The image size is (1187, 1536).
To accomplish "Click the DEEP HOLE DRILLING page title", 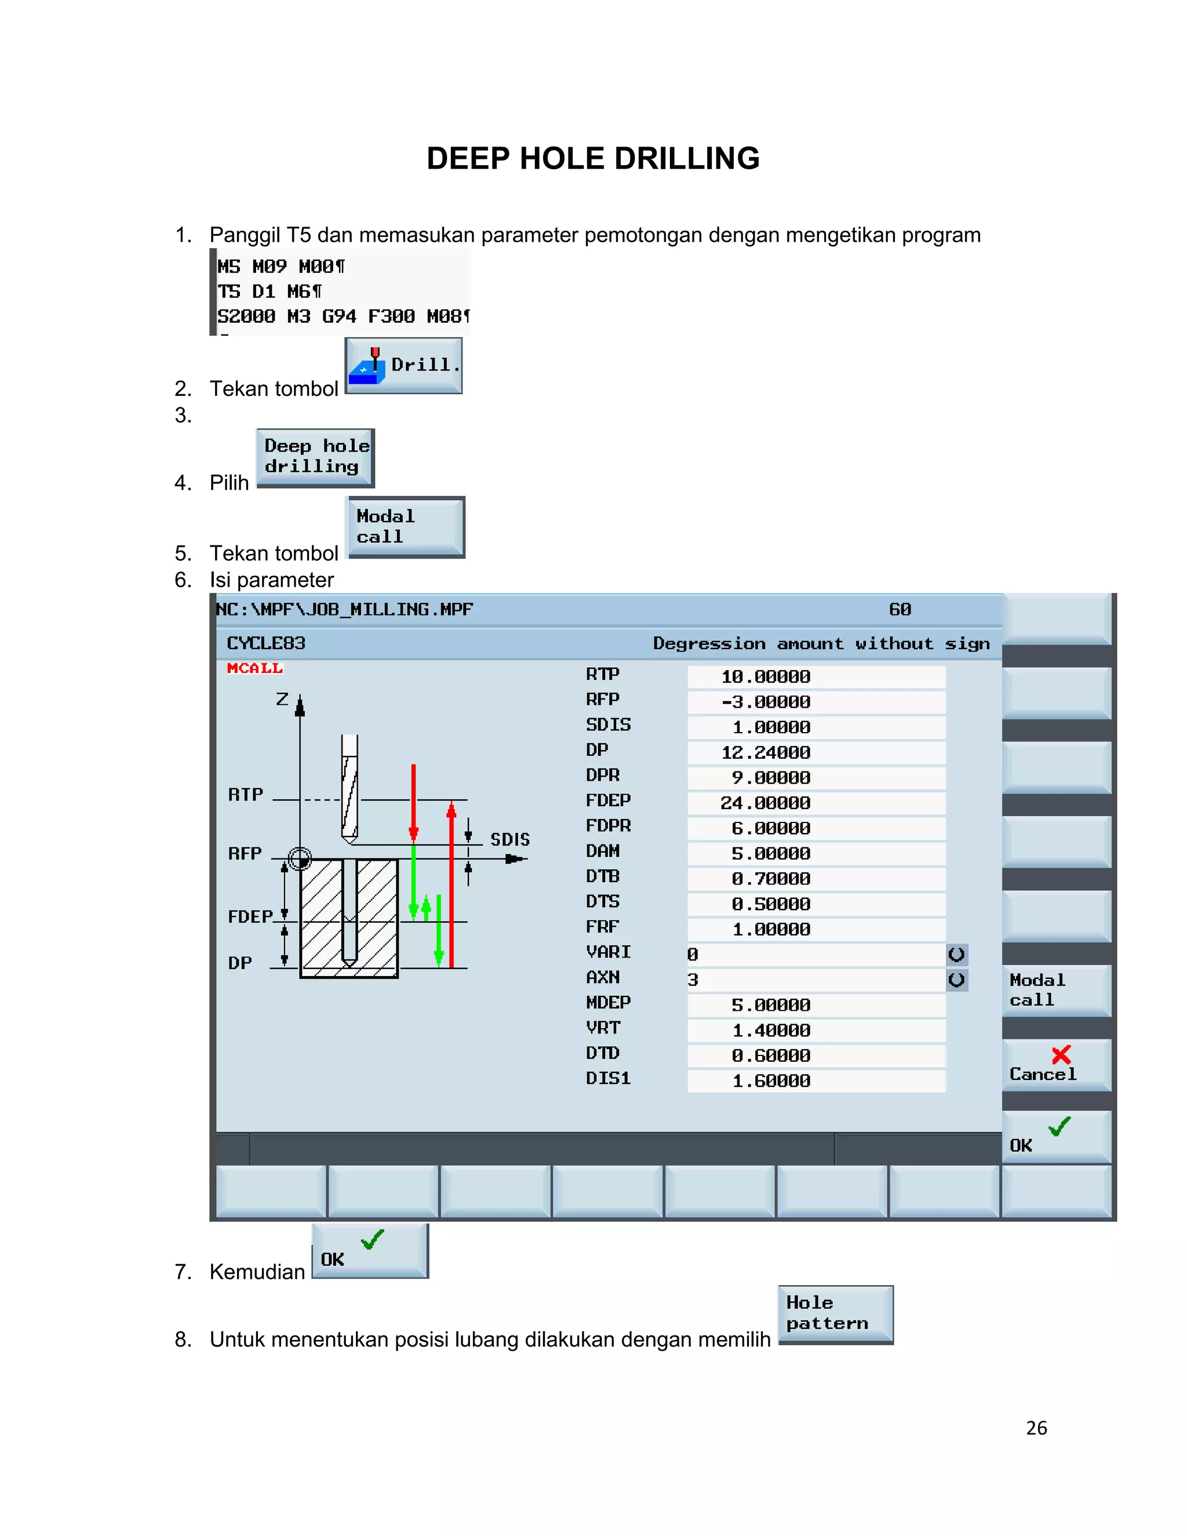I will pos(593,159).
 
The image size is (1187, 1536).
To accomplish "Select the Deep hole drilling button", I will pos(315,457).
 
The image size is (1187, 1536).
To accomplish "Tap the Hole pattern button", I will pos(835,1314).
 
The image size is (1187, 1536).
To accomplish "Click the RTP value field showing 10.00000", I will pos(815,676).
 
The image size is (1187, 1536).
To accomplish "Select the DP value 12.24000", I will pos(815,752).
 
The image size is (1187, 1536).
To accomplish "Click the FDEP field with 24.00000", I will pos(815,803).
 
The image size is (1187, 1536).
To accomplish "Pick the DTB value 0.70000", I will pos(815,879).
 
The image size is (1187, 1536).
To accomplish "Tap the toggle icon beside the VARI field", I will pos(956,955).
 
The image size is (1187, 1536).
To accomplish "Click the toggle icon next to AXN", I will pos(956,980).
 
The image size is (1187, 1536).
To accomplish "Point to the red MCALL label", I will pos(254,668).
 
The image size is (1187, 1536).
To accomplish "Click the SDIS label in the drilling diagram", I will pos(510,839).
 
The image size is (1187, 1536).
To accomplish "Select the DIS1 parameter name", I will pos(608,1078).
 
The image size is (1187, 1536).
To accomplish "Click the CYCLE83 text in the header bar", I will pos(266,643).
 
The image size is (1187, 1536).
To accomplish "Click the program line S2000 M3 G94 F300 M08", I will pos(343,316).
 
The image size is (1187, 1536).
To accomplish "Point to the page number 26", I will pos(1036,1428).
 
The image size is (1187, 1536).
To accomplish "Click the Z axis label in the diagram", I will pos(282,699).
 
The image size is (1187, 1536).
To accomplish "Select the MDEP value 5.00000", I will pos(815,1005).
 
